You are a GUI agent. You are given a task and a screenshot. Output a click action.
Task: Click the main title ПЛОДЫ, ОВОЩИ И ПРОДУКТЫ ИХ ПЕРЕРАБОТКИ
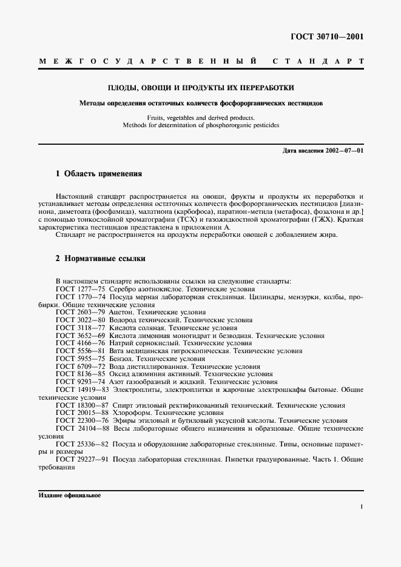[201, 88]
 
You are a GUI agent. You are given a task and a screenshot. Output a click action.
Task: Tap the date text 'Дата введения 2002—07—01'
[323, 150]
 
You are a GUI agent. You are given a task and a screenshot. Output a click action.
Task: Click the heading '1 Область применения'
[98, 174]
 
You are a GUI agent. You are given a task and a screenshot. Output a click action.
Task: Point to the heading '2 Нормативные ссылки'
[100, 259]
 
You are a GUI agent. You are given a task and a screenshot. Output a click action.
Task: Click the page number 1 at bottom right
[362, 507]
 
